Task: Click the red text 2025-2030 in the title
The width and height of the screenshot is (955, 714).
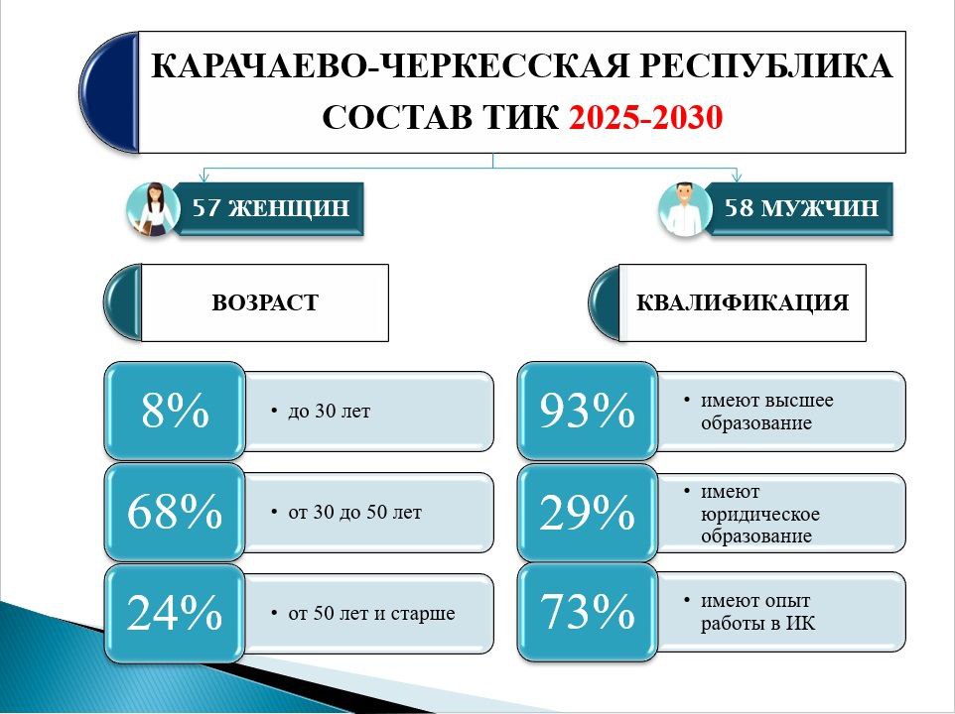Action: (645, 117)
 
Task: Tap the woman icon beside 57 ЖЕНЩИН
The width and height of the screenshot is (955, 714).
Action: (152, 209)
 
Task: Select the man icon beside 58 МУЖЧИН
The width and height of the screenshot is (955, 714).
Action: (685, 209)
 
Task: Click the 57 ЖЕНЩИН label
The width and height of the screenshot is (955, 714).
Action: (271, 208)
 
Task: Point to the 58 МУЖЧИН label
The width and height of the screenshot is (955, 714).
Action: (801, 208)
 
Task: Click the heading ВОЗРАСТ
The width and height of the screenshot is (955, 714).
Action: (265, 302)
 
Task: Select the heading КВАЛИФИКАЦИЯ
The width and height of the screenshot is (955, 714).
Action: (743, 302)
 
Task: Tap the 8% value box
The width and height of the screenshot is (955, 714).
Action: (175, 411)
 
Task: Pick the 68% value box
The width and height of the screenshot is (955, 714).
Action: (175, 512)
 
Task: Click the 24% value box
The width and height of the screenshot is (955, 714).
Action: (175, 613)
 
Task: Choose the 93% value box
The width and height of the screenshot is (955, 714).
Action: (588, 411)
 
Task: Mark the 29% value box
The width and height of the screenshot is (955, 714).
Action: (588, 512)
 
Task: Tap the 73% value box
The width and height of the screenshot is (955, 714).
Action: (588, 612)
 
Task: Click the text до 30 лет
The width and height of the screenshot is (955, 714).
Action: (329, 412)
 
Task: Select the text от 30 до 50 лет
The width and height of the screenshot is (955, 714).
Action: (354, 512)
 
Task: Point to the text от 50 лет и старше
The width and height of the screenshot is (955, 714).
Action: (371, 613)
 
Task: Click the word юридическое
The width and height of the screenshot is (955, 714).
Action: (760, 514)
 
